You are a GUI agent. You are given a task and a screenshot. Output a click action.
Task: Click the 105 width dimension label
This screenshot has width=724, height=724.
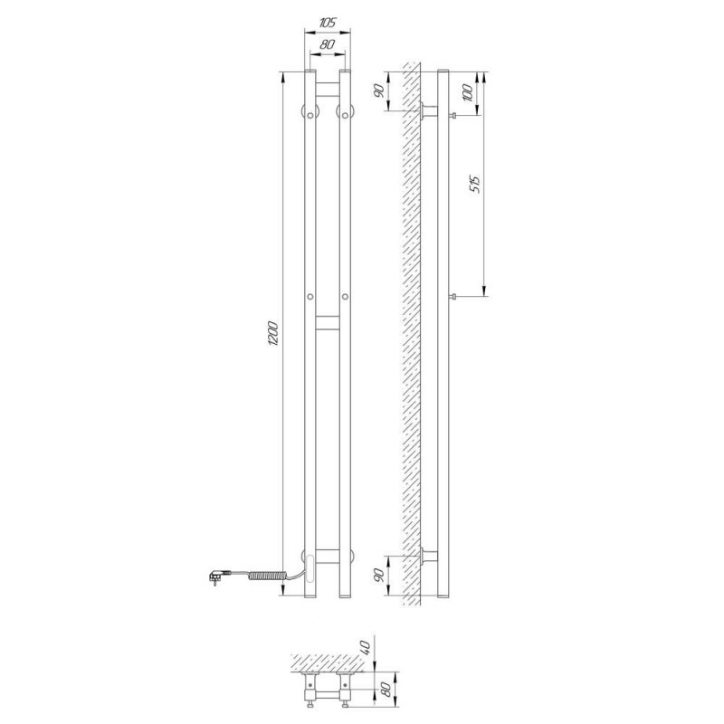328,22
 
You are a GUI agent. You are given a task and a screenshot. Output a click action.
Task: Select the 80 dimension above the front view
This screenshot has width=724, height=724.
327,44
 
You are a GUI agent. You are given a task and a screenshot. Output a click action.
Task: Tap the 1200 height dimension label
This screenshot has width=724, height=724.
273,333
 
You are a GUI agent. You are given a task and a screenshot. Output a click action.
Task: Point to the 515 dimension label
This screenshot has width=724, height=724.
476,185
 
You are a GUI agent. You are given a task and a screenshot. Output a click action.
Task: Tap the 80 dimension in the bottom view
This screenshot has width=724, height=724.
387,690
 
